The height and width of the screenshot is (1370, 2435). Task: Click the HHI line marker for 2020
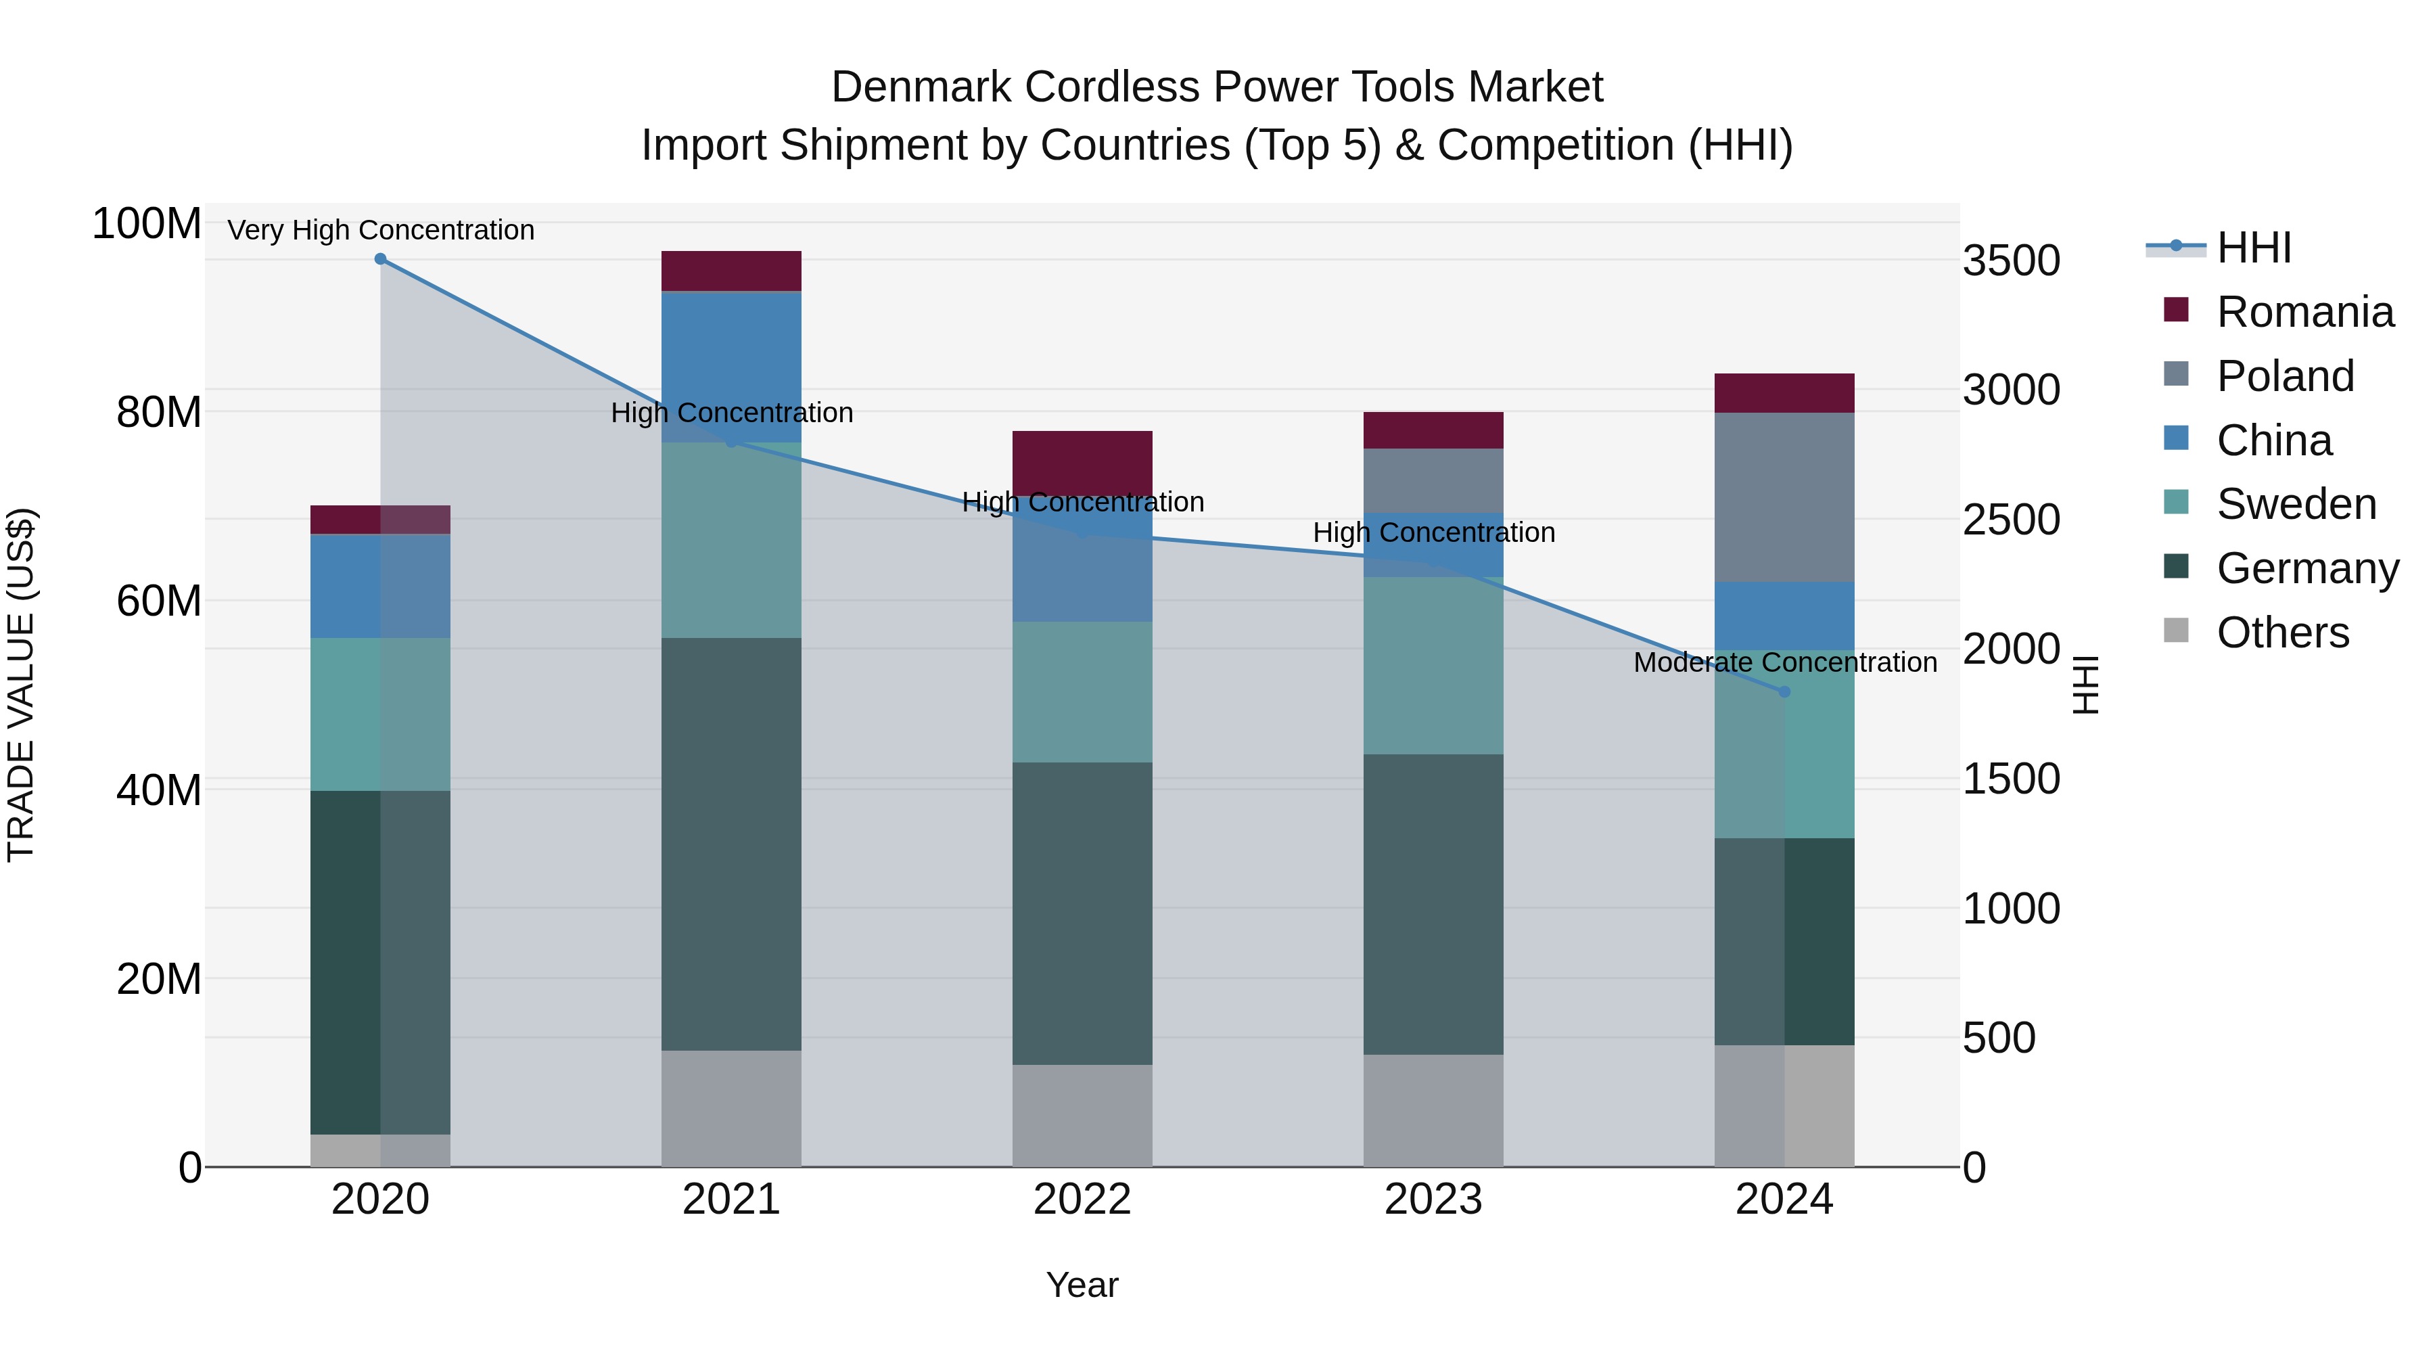(380, 259)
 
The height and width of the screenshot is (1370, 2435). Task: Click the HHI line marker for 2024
(1784, 692)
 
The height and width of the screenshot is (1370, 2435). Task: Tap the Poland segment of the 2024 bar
(1784, 497)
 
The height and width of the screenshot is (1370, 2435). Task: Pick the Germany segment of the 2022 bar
(1082, 913)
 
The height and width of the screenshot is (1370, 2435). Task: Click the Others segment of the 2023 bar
(1433, 1110)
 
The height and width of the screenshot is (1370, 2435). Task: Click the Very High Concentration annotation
(381, 231)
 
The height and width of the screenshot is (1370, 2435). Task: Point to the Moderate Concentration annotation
(1785, 663)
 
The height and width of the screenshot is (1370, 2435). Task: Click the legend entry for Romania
(2304, 312)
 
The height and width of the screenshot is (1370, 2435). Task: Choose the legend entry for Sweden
(2296, 504)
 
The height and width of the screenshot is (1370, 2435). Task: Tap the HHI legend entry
(2254, 248)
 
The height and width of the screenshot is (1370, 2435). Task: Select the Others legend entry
(2282, 633)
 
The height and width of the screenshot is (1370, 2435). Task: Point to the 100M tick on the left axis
(147, 224)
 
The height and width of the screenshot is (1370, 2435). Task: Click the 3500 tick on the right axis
(2012, 261)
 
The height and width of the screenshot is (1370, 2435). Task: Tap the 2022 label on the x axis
(1082, 1200)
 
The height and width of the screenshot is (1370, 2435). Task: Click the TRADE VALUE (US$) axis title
(21, 685)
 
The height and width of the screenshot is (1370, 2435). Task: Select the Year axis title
(1082, 1285)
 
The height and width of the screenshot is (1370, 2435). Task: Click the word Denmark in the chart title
(922, 87)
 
